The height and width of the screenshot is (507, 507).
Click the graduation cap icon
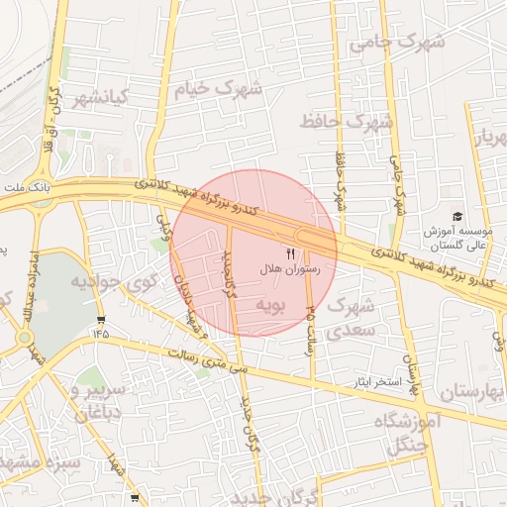click(456, 216)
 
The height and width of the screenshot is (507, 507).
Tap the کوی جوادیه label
click(109, 282)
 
